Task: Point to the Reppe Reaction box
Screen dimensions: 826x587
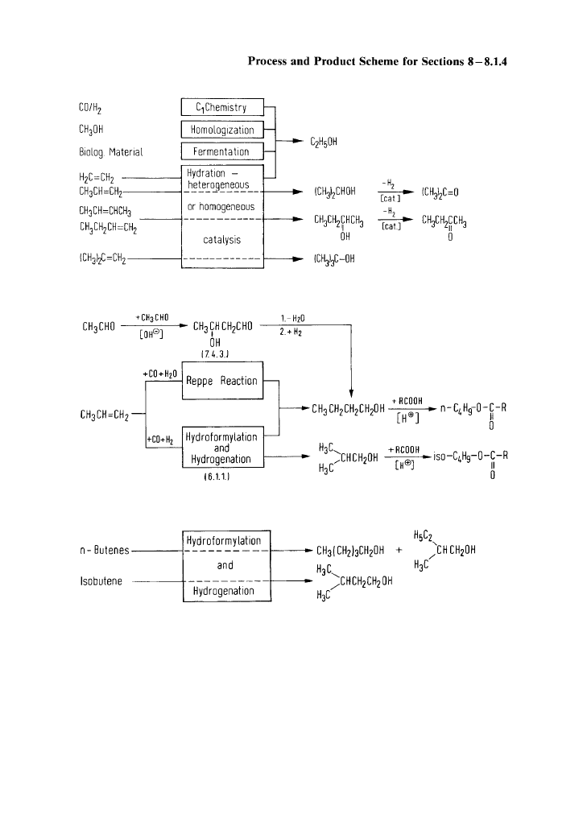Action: [x=221, y=381]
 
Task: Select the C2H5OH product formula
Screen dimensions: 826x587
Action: [x=322, y=141]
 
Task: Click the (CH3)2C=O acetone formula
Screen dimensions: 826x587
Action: [x=440, y=192]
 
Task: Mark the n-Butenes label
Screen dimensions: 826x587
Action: [x=105, y=551]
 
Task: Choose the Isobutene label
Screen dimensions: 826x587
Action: [x=100, y=580]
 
